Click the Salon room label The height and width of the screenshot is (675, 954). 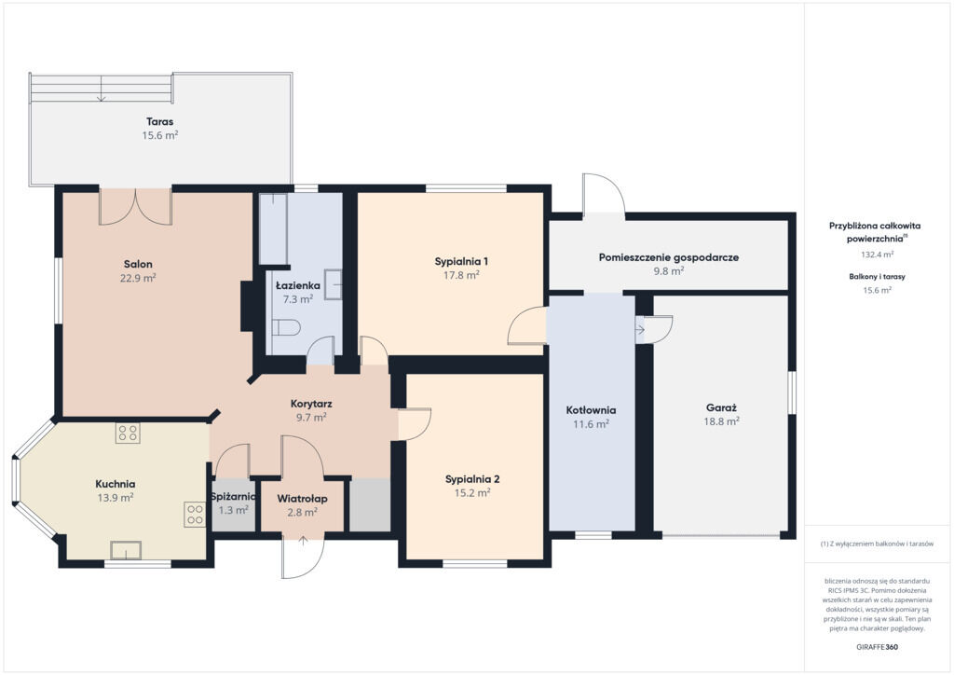click(138, 264)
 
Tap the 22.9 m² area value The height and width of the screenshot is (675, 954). click(138, 278)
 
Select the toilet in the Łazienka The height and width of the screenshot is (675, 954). click(286, 328)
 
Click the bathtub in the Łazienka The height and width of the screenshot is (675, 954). click(273, 228)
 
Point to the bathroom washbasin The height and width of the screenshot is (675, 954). click(333, 285)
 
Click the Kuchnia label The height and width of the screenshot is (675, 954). click(115, 484)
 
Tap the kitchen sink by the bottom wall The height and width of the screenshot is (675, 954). click(126, 550)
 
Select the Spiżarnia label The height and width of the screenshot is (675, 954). click(234, 497)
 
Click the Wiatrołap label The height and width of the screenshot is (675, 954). click(303, 499)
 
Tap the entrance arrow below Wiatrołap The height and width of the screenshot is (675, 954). click(303, 541)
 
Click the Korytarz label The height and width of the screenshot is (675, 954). click(311, 404)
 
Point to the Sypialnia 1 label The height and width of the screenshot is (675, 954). click(461, 262)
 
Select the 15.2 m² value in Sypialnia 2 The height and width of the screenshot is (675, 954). click(472, 493)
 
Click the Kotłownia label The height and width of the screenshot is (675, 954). click(591, 410)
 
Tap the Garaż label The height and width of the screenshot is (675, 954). click(722, 407)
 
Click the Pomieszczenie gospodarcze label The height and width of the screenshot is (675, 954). click(669, 257)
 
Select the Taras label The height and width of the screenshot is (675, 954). click(159, 122)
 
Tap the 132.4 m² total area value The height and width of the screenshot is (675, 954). click(877, 255)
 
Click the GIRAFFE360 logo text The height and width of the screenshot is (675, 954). click(877, 647)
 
